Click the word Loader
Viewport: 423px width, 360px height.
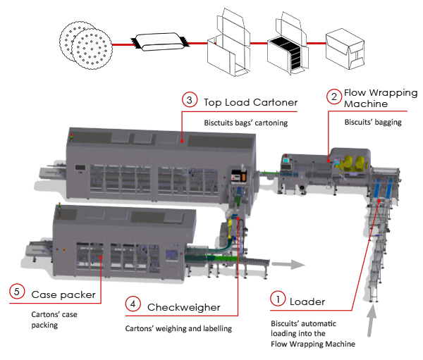tap(309, 302)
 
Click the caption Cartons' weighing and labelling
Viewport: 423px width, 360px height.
tap(180, 328)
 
